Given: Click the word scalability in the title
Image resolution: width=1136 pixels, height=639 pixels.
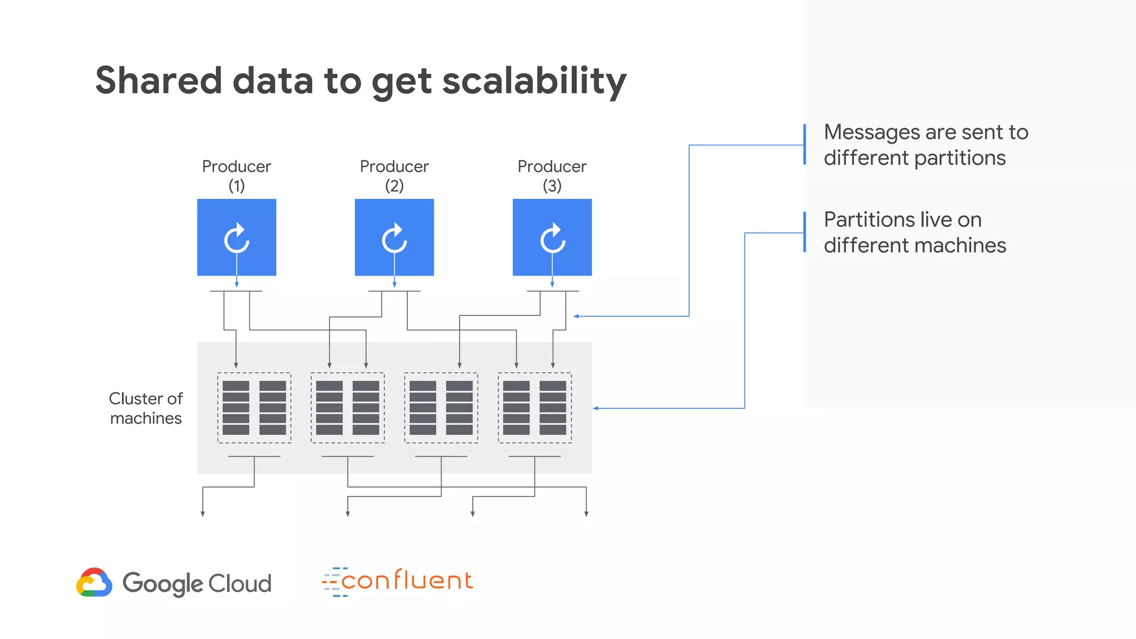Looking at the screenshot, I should [x=534, y=81].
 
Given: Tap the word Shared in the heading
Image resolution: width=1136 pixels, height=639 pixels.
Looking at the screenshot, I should [x=159, y=81].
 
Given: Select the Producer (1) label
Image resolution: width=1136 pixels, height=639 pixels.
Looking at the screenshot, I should [x=236, y=175].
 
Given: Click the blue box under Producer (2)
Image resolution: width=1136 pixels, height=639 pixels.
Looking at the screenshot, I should [x=394, y=237].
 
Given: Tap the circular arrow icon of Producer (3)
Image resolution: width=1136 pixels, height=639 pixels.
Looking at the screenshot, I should [x=552, y=239].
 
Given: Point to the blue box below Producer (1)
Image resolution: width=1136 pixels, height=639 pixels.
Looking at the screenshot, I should [x=236, y=237].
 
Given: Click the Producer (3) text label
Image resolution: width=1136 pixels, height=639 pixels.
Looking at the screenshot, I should [x=552, y=175].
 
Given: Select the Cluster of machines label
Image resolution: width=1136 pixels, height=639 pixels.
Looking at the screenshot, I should [x=145, y=408].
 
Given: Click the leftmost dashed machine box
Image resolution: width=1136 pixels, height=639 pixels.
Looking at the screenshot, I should [x=254, y=408].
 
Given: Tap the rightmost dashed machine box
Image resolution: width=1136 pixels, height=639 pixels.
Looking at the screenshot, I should [x=535, y=408].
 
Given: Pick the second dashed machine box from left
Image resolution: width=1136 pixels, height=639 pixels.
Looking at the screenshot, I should [x=348, y=408].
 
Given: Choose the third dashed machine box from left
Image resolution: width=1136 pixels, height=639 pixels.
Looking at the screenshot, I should [x=441, y=408].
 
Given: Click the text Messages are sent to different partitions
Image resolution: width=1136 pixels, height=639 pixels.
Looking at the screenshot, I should [x=925, y=145].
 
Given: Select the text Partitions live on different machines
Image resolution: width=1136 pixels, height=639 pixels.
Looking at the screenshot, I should [x=914, y=232].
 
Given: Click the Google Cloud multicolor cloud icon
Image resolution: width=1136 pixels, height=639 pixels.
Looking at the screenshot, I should [x=94, y=582].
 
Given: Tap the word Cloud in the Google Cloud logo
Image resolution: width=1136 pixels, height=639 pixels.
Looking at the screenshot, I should [x=240, y=584].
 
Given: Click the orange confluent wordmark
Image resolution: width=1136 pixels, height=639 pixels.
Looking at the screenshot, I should [x=407, y=581].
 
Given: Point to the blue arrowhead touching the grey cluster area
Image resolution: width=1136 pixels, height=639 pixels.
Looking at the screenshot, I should [x=596, y=408].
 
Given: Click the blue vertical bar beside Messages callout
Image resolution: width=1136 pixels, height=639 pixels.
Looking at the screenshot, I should [x=804, y=144].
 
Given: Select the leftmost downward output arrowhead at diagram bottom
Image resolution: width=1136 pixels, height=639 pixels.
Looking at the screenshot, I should [x=203, y=514].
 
